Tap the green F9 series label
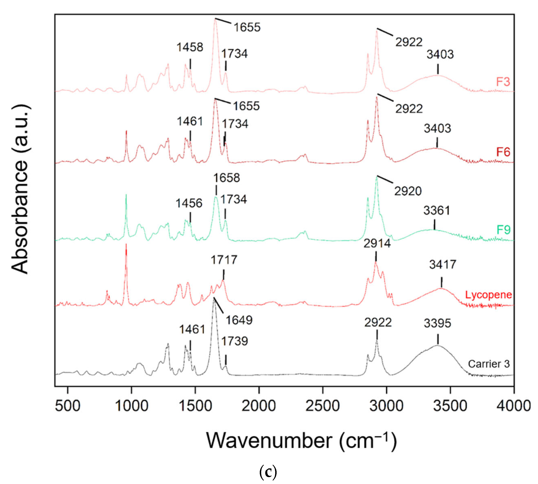[503, 230]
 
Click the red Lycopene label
[488, 295]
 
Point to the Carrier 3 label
[489, 364]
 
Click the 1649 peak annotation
[239, 320]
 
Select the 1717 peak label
[224, 260]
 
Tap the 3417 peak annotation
[442, 265]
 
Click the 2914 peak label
[377, 243]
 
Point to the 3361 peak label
[437, 211]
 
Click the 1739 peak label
[234, 341]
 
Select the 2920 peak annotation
[408, 191]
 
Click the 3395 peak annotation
[437, 323]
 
